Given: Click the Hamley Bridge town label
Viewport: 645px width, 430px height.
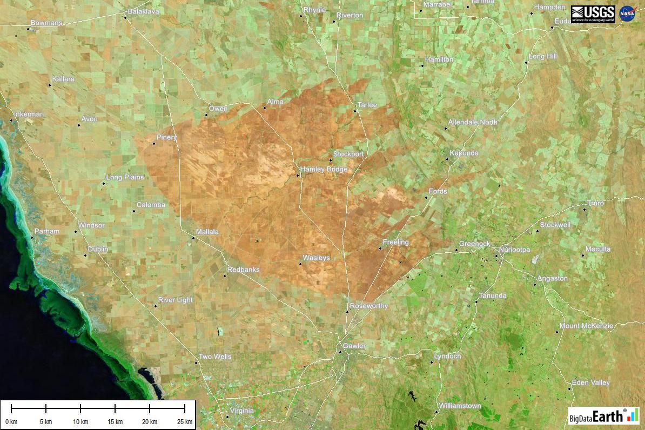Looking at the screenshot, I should coord(324,170).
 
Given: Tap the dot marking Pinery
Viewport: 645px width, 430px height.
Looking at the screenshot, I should coord(154,143).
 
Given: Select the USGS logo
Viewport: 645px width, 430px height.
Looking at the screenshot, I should coord(593,14).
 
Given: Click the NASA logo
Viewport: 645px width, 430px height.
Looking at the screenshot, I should coord(627,14).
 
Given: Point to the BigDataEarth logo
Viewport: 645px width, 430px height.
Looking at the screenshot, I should coord(603,415).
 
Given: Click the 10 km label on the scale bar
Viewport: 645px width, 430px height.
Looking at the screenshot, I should coord(80,421).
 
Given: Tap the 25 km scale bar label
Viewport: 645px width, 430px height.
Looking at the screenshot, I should coord(185,421).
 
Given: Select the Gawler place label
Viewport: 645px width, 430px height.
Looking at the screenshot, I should coord(354,346).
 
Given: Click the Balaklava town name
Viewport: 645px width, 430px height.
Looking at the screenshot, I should coord(143,11).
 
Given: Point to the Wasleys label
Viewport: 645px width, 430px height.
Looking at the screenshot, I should coord(316,258).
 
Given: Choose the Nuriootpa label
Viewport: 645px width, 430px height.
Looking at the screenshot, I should coord(515,250).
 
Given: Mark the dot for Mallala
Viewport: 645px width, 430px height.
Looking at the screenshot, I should coord(193,238).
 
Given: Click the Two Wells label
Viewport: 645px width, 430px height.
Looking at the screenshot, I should coord(215,357).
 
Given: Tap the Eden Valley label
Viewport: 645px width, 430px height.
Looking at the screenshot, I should coord(591,382).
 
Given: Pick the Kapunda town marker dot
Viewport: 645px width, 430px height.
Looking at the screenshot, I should coord(447,159).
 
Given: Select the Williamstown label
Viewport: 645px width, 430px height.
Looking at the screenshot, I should coord(460,406).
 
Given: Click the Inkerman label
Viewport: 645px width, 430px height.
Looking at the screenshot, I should coord(29,114).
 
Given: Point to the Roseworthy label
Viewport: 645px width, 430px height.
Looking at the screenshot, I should coord(369,306).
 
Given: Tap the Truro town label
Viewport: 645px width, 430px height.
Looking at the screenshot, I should coord(595,203).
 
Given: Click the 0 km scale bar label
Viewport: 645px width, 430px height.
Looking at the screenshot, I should coord(11,421).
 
